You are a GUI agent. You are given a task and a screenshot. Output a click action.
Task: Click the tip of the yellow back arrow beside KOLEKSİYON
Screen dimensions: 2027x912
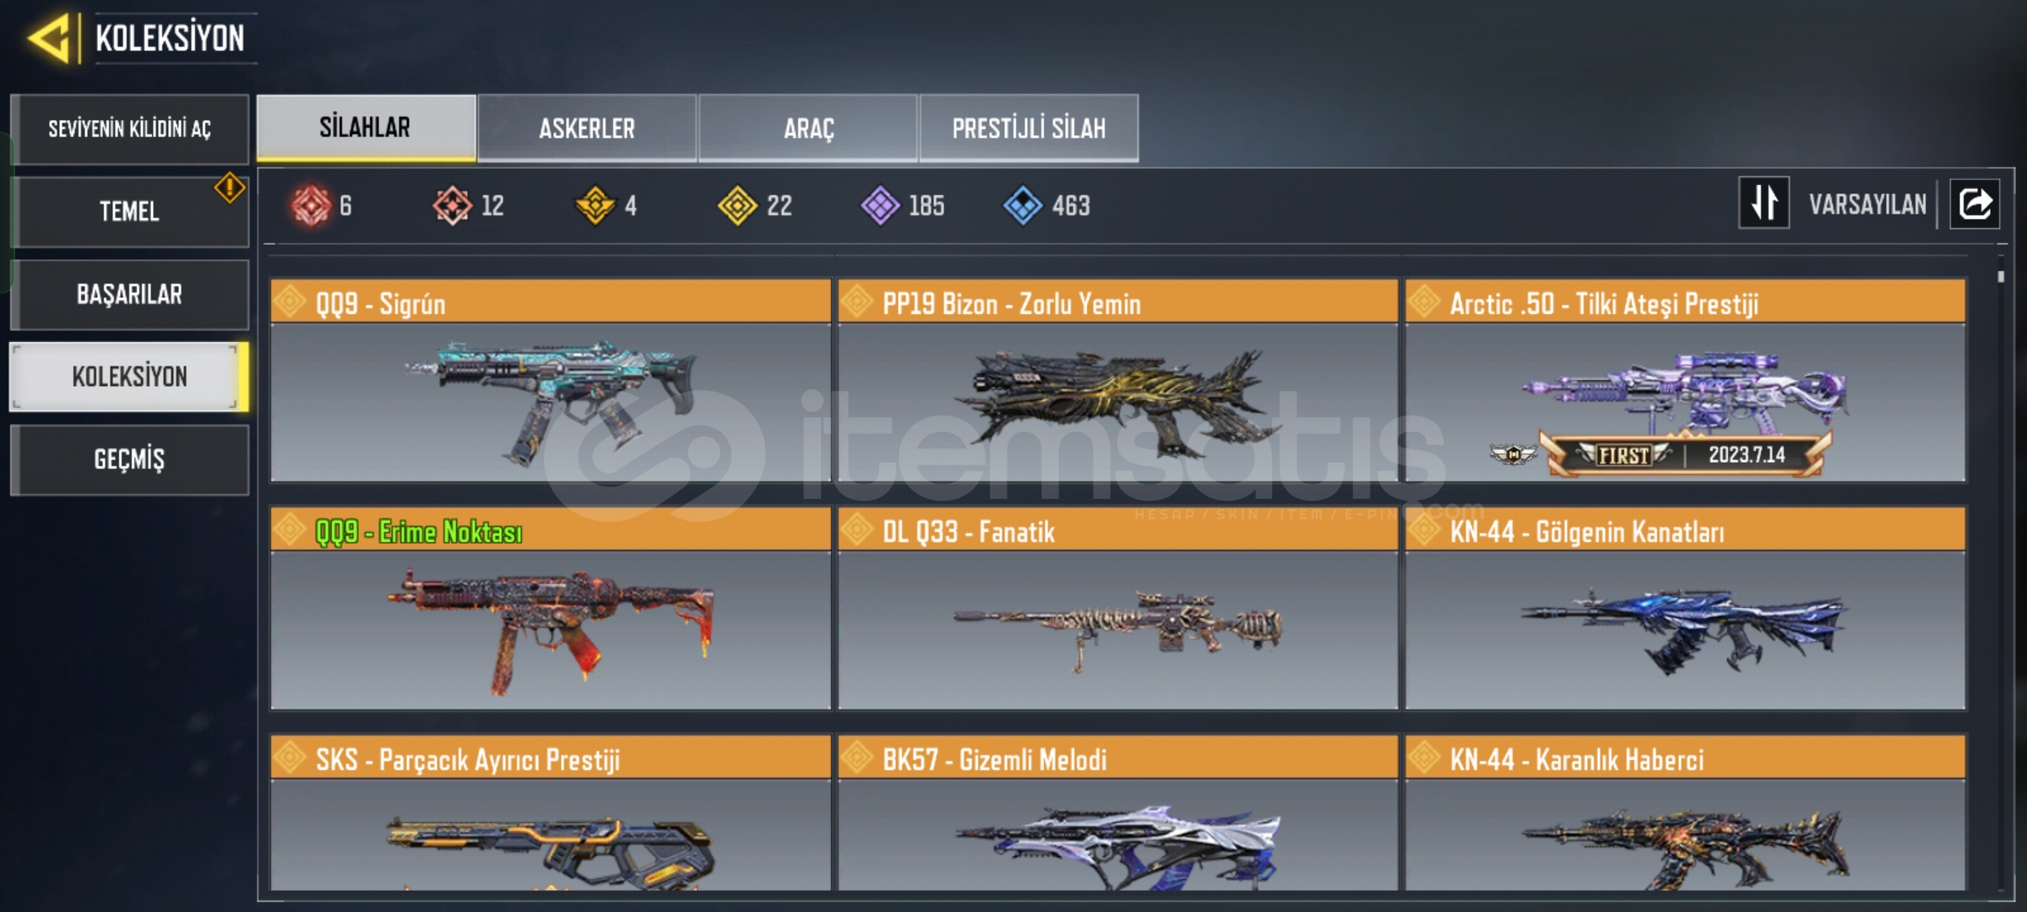28,38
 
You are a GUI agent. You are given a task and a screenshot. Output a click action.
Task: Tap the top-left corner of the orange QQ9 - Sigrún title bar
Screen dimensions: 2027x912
271,280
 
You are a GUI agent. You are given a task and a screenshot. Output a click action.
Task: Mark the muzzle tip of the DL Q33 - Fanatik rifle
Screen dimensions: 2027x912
955,616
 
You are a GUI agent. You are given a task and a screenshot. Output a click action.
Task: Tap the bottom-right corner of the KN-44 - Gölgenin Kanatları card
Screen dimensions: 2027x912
1965,709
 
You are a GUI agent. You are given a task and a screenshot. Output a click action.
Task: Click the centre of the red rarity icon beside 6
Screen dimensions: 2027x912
311,205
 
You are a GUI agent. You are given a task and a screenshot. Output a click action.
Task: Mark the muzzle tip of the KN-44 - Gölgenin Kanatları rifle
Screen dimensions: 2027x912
1523,613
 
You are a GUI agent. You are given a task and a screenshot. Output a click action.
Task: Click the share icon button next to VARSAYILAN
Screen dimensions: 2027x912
1975,204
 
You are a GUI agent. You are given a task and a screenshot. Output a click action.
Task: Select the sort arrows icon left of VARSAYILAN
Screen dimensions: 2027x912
1763,204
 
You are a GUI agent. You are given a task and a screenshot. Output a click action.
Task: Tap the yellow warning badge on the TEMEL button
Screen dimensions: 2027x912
230,187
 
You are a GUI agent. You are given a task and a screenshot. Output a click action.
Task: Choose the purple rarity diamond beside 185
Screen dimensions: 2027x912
880,205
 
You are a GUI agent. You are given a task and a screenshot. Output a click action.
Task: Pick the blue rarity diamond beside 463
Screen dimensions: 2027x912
1023,205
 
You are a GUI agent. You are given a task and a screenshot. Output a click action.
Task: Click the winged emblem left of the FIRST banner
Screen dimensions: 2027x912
1513,455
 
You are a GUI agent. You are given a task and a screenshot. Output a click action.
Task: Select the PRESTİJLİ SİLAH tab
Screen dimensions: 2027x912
1029,128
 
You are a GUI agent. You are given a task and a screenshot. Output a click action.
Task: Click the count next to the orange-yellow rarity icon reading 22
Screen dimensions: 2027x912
780,205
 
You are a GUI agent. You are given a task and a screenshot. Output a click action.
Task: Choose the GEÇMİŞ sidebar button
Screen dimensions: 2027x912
129,459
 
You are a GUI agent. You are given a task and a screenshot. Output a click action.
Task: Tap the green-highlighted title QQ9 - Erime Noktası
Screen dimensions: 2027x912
419,532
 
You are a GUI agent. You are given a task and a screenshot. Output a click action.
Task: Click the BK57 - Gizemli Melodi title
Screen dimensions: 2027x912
995,760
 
